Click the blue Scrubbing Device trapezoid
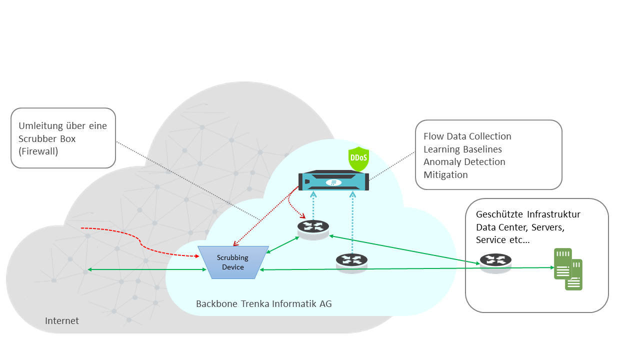233,262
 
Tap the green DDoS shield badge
358,159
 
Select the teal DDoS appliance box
333,181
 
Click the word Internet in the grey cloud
62,321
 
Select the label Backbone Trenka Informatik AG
263,304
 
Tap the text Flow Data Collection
467,136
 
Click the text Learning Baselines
462,149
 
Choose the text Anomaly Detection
464,162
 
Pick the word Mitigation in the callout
445,175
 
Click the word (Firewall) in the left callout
38,151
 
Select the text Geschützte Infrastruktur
528,214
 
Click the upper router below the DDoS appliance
313,228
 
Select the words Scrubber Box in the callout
47,138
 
